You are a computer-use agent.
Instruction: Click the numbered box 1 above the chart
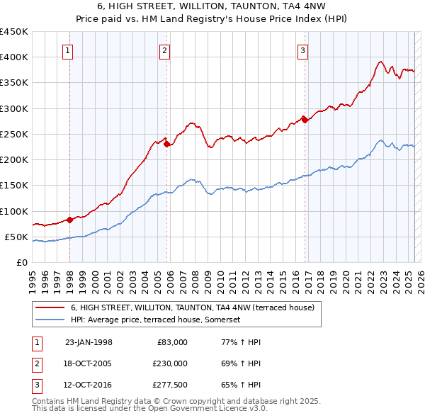click(67, 50)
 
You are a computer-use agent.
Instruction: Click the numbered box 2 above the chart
click(164, 50)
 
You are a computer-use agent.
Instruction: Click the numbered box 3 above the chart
click(302, 50)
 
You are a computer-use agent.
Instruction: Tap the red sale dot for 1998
click(70, 220)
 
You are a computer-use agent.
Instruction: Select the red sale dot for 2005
click(167, 145)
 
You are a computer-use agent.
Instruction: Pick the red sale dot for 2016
click(305, 120)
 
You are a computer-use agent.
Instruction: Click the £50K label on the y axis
click(17, 237)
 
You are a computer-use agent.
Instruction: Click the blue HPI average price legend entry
click(156, 320)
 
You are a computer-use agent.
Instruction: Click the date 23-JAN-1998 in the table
click(89, 342)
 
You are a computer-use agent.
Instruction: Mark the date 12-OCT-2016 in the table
click(89, 385)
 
